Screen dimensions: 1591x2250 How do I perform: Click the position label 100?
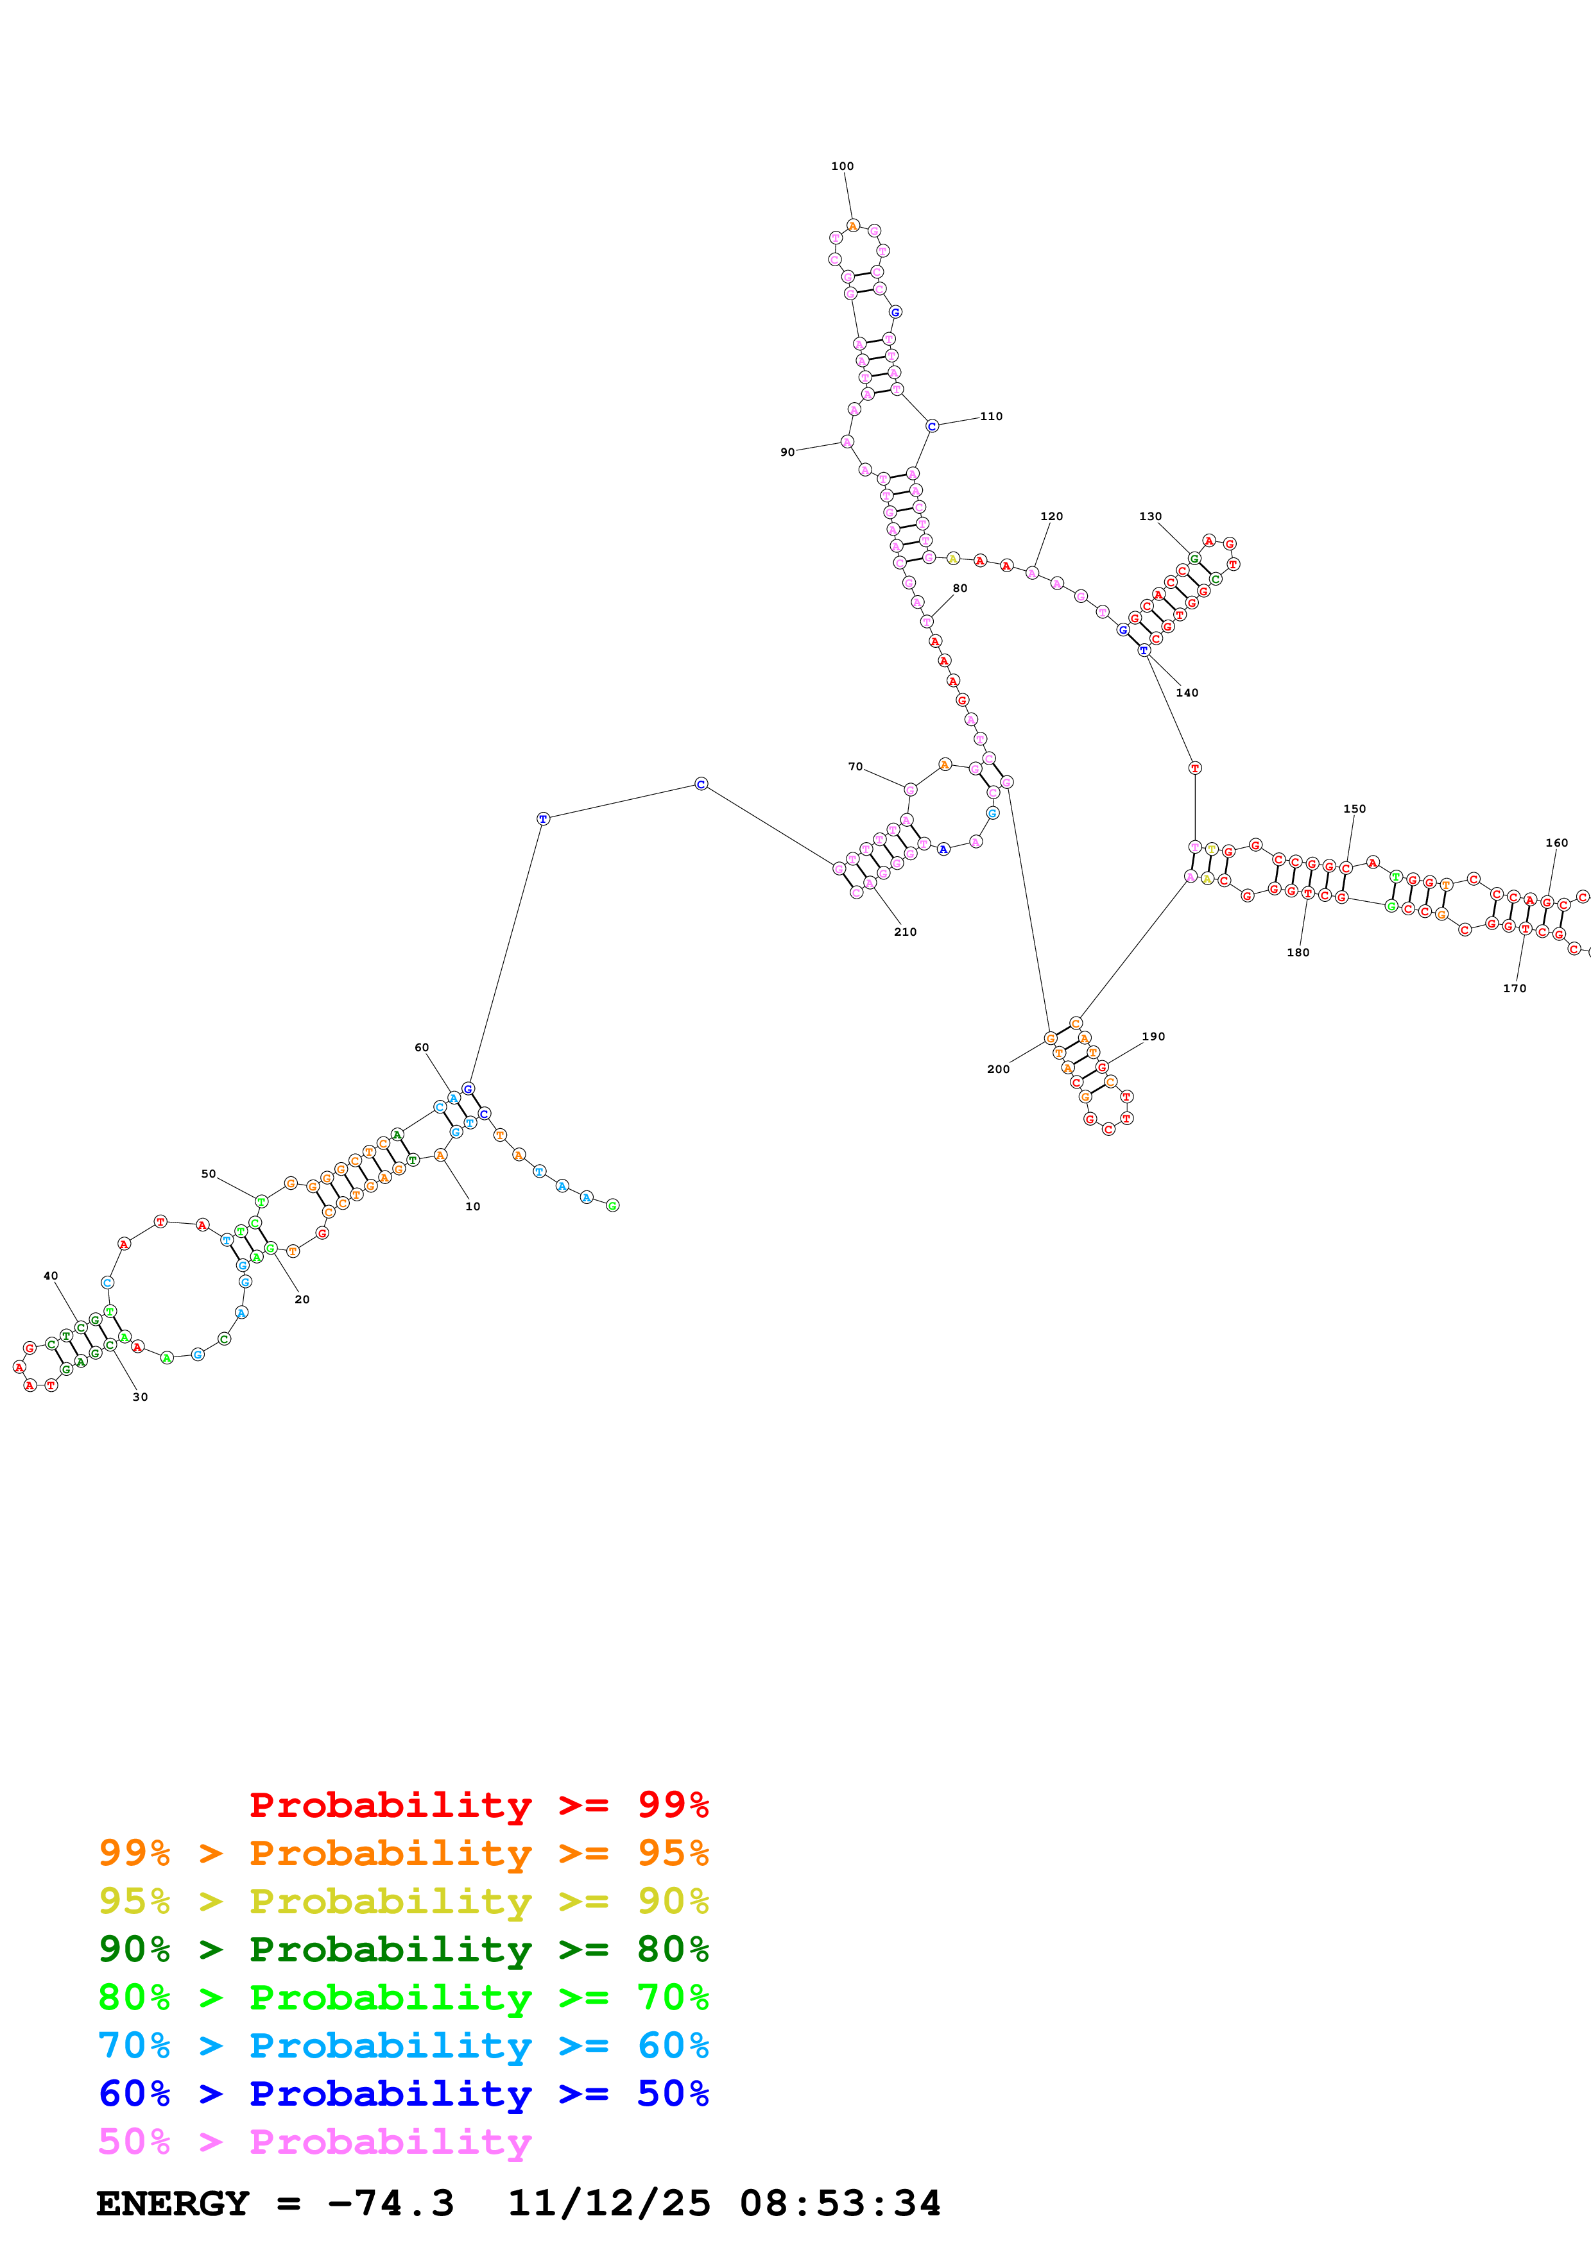point(842,167)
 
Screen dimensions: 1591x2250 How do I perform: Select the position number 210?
point(905,932)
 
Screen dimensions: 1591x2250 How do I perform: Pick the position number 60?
point(422,1047)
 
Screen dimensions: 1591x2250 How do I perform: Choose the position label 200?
point(998,1069)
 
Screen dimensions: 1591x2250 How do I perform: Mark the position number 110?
point(991,416)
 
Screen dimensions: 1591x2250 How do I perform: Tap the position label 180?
point(1298,952)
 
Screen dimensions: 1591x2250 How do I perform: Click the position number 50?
point(209,1174)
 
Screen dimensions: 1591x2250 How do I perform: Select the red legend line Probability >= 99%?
point(478,1805)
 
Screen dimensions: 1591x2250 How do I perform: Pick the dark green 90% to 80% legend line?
point(403,1949)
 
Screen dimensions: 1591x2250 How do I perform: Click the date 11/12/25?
point(608,2203)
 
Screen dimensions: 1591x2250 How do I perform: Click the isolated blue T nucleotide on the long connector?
point(543,818)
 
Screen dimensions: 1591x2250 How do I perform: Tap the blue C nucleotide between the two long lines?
point(701,784)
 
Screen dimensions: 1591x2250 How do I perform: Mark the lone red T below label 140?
point(1194,768)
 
